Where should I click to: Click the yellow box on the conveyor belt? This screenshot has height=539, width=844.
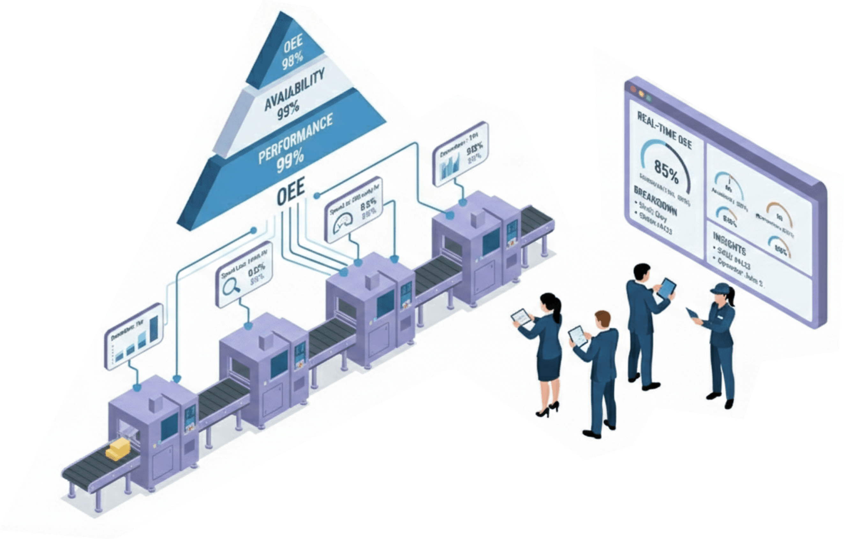118,449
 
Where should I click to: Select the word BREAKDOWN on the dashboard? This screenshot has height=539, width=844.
655,201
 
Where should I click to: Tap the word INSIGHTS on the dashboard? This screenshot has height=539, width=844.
729,243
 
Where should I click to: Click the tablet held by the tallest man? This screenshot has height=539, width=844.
667,288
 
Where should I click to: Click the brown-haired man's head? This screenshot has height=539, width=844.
603,319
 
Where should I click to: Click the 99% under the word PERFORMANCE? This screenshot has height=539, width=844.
290,162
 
